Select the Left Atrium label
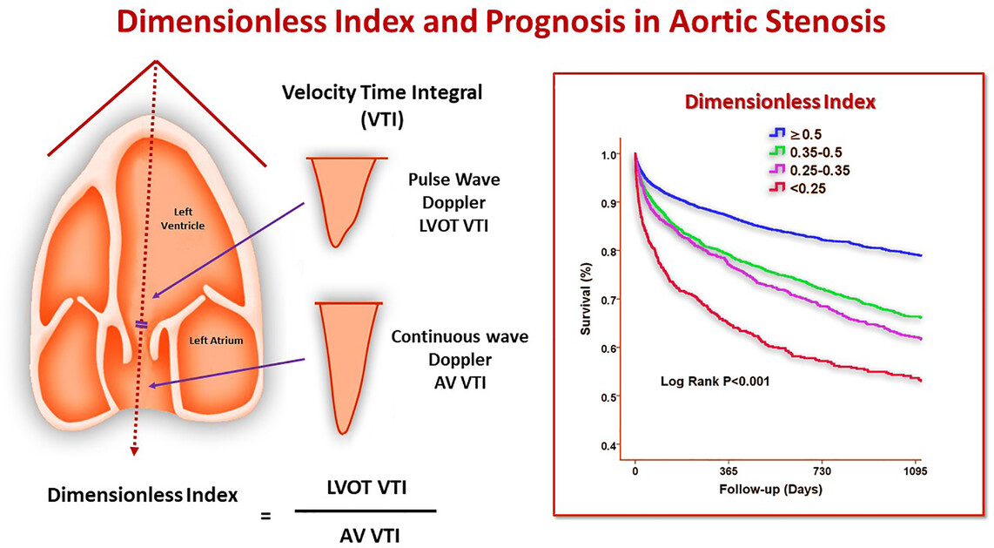(x=216, y=341)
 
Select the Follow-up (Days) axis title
(x=770, y=489)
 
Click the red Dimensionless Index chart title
(x=780, y=101)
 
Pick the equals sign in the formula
(x=266, y=517)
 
